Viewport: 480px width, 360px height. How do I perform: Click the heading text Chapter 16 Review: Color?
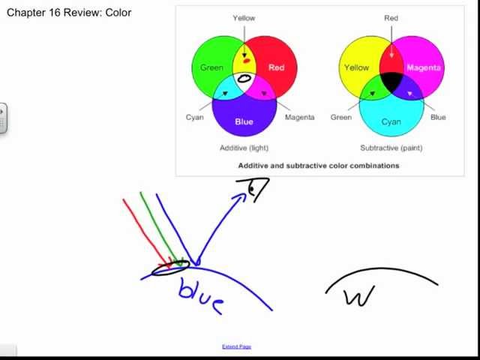click(x=69, y=12)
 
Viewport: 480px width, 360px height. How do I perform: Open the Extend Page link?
click(x=236, y=346)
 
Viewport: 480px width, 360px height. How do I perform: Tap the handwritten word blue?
click(x=200, y=295)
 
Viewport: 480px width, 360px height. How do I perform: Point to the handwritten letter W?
click(x=358, y=297)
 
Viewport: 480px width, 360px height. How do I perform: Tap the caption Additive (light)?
click(x=244, y=148)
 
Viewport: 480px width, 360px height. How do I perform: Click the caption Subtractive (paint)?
click(x=391, y=148)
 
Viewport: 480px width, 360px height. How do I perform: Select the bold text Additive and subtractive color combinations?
click(x=319, y=165)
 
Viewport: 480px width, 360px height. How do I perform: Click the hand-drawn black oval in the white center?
click(x=244, y=78)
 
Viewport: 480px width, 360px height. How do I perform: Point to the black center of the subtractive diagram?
click(x=391, y=82)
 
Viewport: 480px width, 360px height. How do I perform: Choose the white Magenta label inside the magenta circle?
click(x=423, y=67)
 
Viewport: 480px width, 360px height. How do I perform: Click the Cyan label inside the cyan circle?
click(x=391, y=121)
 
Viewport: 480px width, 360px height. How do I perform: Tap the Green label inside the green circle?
click(x=211, y=67)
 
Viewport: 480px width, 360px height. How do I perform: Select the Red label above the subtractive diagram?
click(x=391, y=18)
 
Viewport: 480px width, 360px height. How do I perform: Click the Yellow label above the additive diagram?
click(x=244, y=18)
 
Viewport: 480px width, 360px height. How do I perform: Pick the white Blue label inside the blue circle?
click(x=244, y=121)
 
